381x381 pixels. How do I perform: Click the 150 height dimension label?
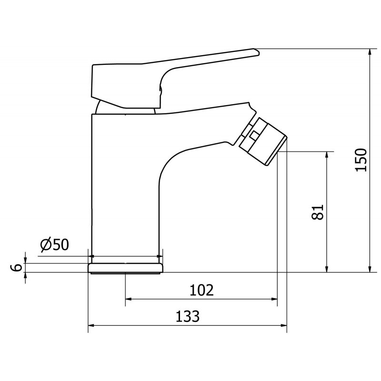[x=361, y=160]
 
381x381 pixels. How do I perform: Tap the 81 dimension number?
[x=318, y=212]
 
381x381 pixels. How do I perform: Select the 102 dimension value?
[x=201, y=290]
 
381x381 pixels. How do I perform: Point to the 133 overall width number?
[x=188, y=316]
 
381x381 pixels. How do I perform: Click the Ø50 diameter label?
[x=54, y=245]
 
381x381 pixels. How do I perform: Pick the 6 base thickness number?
[x=16, y=268]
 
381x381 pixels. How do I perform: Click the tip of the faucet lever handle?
[x=259, y=52]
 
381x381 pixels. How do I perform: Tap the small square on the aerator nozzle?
[x=254, y=136]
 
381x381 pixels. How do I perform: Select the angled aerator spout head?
[x=262, y=141]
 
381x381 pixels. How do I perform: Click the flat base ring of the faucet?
[x=125, y=268]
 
